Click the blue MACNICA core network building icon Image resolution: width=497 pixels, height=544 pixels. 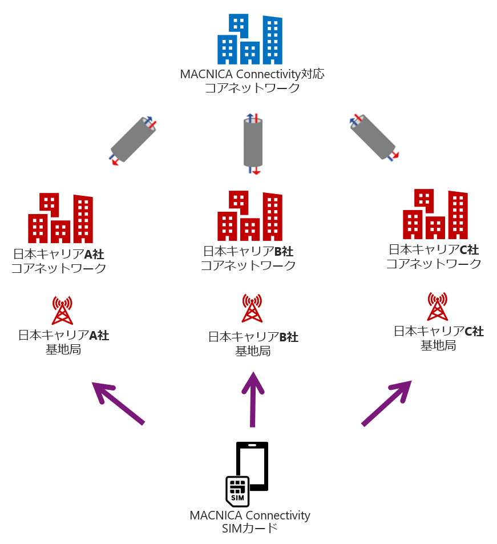(x=249, y=39)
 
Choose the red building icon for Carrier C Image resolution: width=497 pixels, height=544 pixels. (x=435, y=214)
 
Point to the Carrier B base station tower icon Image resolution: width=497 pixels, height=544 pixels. (x=252, y=309)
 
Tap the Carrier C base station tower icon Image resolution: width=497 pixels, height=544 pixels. (x=437, y=307)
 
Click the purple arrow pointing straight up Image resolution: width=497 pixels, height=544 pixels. (x=252, y=399)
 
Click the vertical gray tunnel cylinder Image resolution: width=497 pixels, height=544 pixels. (x=253, y=143)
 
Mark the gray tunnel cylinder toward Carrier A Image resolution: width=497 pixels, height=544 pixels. (x=132, y=140)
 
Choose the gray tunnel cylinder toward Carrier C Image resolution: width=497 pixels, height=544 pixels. (x=374, y=138)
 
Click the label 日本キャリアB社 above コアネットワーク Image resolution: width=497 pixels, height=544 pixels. (x=248, y=252)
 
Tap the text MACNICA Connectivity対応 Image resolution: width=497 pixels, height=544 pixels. (x=252, y=75)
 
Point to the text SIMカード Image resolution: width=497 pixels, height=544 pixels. (x=249, y=529)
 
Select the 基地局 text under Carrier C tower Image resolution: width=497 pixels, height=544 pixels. (x=438, y=345)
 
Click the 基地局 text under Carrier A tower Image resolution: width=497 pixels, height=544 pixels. (x=63, y=349)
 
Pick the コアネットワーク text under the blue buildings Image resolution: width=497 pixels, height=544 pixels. (x=252, y=88)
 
